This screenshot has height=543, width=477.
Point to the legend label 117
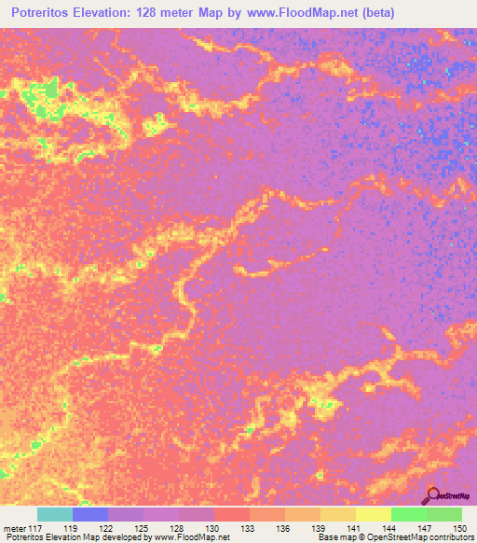pyautogui.click(x=36, y=528)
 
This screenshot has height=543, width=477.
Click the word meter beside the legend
pyautogui.click(x=14, y=528)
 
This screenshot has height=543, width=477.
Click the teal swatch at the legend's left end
pyautogui.click(x=55, y=514)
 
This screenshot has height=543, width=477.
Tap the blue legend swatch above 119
pyautogui.click(x=90, y=514)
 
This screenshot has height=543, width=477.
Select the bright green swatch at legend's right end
pyautogui.click(x=444, y=514)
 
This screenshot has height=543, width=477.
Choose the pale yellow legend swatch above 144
pyautogui.click(x=374, y=514)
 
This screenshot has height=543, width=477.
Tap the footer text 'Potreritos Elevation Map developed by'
pyautogui.click(x=76, y=538)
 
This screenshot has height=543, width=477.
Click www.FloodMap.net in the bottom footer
pyautogui.click(x=192, y=538)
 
